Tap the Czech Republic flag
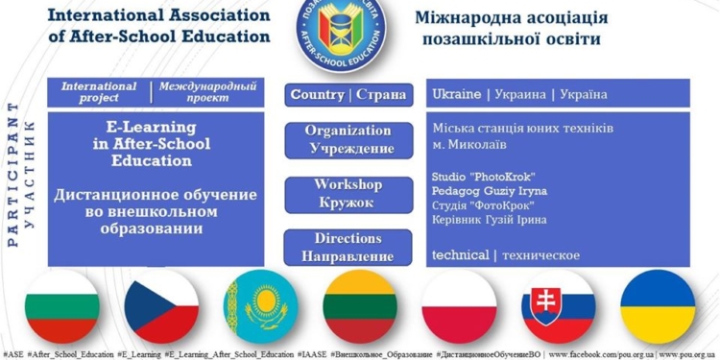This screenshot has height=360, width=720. (160, 306)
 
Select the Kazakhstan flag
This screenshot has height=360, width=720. (259, 306)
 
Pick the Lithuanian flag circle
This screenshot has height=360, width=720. (360, 306)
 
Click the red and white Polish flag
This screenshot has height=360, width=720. (460, 306)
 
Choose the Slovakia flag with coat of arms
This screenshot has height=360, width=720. (559, 306)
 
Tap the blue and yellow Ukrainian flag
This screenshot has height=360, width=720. (658, 306)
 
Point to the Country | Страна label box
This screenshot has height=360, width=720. (347, 95)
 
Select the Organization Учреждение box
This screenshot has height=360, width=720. (347, 139)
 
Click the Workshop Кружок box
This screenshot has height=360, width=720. (347, 193)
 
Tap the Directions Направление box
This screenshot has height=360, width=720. (347, 247)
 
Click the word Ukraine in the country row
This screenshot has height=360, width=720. (457, 95)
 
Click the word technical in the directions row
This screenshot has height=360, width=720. (460, 254)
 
